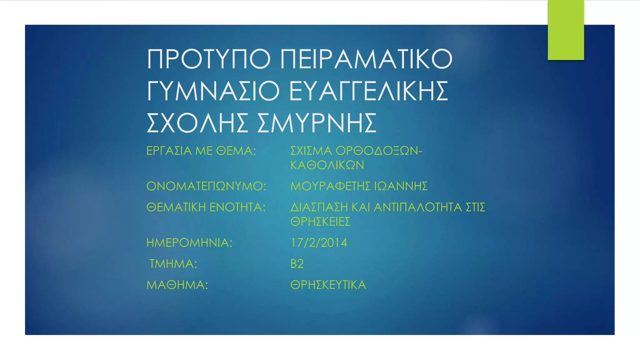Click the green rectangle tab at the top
point(566,30)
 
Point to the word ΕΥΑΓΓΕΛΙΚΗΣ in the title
point(369,91)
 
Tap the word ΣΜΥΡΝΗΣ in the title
point(317,123)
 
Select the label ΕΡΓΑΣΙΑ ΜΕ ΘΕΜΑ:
point(201,151)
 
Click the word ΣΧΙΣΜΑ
point(311,151)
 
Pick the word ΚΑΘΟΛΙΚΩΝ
point(327,165)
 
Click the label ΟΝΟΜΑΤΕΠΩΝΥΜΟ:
point(206,186)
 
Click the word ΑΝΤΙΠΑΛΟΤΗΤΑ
point(417,207)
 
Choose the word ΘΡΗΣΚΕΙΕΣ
point(320,222)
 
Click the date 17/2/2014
point(319,243)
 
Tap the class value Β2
point(297,264)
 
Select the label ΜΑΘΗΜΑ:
point(177,285)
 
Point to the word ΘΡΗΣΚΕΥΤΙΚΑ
point(328,285)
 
